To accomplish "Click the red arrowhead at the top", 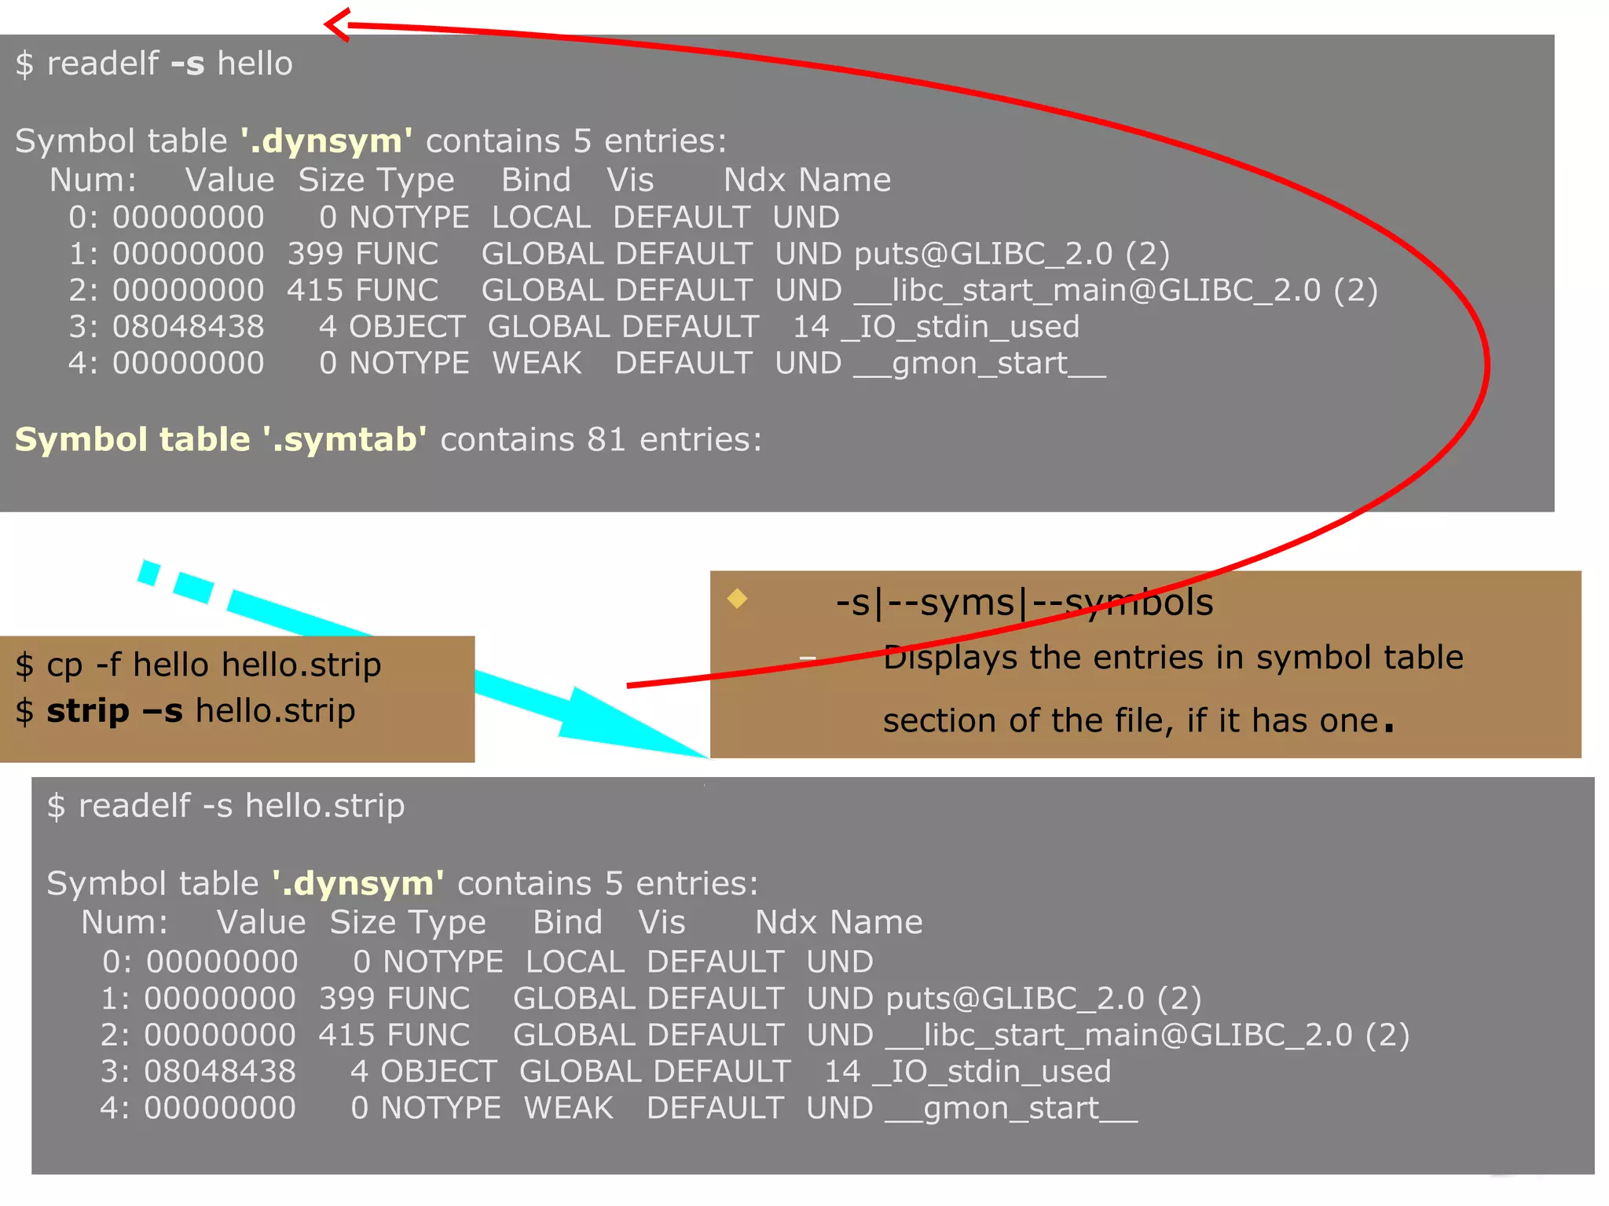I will pos(336,24).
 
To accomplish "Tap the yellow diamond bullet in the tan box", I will pos(737,599).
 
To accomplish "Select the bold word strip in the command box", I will pos(87,711).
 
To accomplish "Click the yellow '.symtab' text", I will pos(344,439).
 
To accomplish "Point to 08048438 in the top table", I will pos(189,327).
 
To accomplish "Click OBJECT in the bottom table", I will pos(438,1072).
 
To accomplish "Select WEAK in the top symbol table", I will pos(537,363).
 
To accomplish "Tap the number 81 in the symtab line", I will pos(606,439).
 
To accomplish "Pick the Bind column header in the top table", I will pos(536,180).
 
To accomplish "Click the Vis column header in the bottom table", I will pos(662,922).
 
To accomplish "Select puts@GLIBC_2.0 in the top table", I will pos(984,254).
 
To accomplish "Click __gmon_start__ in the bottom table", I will pos(1012,1109).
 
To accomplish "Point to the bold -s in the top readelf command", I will pos(187,64).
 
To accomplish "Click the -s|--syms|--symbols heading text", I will pos(1024,603).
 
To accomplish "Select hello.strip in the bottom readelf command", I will pos(324,806).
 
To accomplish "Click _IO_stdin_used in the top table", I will pos(960,327).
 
